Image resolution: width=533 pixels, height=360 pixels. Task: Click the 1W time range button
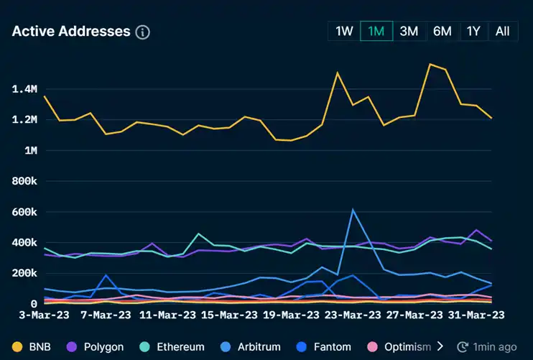click(344, 31)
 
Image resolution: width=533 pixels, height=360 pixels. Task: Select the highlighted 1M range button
click(376, 31)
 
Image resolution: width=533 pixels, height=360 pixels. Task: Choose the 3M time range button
click(409, 31)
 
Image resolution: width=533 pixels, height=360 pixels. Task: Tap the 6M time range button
click(442, 31)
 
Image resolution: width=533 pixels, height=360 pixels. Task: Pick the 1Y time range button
click(473, 31)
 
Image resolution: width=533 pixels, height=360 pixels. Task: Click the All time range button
click(502, 31)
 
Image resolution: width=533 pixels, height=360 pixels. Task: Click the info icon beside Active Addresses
click(142, 32)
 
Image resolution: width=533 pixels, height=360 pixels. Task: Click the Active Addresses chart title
click(71, 32)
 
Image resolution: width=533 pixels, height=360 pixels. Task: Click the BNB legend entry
click(39, 346)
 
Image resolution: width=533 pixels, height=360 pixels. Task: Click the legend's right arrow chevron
click(440, 346)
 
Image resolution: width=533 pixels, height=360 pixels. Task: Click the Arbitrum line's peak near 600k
click(353, 210)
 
